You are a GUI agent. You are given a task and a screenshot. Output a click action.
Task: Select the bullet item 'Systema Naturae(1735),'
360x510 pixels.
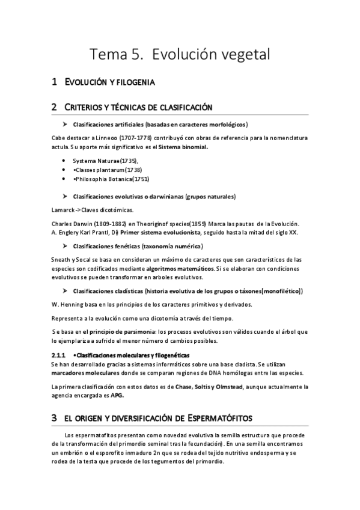pyautogui.click(x=105, y=161)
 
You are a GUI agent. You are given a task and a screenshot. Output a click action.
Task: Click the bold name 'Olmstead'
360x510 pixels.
pyautogui.click(x=230, y=386)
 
